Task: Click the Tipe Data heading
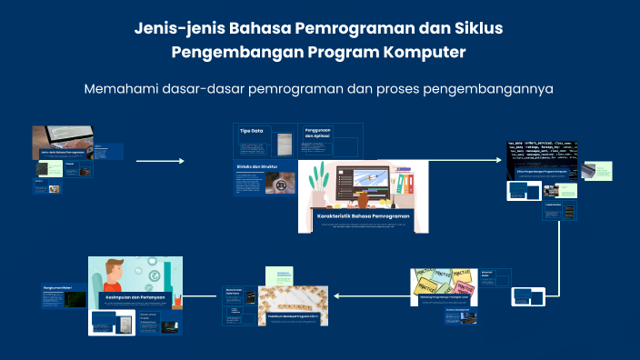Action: pos(252,131)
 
